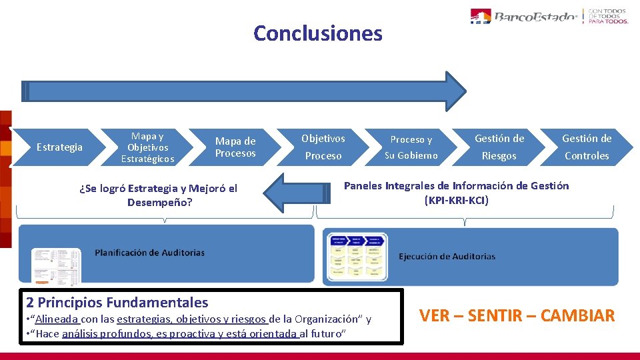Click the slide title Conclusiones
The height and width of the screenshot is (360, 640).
coord(318,33)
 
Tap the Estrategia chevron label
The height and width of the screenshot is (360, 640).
coord(59,147)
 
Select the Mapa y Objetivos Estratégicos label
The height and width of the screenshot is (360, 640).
coord(147,147)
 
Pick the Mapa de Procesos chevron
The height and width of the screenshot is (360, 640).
coord(235,147)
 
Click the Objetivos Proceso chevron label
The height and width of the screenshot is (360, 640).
coord(323,147)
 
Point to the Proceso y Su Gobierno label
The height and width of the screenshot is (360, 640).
coord(411,147)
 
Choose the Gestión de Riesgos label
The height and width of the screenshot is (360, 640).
coord(499,147)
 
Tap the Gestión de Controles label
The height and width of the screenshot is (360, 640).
coord(587,147)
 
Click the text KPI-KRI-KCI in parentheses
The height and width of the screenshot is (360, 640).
coord(457,200)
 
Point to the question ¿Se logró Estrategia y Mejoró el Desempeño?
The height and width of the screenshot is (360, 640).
coord(158,195)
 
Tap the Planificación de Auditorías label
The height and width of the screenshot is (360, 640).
coord(149,253)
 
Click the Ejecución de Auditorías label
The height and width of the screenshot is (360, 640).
coord(447,256)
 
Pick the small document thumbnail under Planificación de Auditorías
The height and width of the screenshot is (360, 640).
coord(56,264)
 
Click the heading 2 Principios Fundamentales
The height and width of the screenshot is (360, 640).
coord(117,302)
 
